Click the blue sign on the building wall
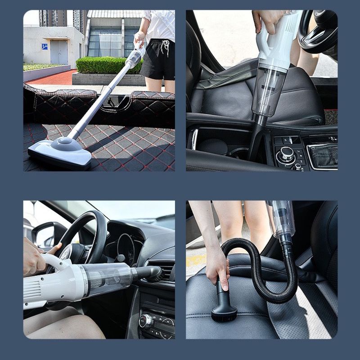click(x=45, y=46)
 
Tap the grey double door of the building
click(x=59, y=53)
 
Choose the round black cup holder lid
click(x=212, y=146)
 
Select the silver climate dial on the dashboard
click(x=146, y=321)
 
